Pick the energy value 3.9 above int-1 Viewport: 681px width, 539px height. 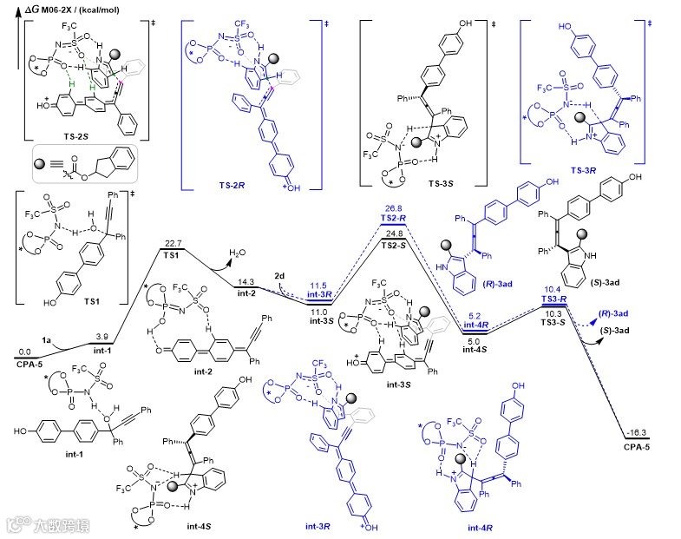[101, 336]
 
